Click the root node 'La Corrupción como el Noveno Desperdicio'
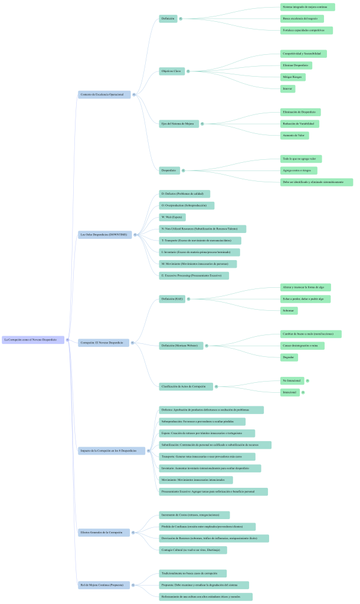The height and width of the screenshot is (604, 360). point(33,340)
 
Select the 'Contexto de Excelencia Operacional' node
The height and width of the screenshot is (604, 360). point(104,94)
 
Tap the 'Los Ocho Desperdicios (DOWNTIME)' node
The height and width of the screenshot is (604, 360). point(105,235)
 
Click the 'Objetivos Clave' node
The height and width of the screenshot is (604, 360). point(171,71)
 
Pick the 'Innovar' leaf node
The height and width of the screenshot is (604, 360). point(287,89)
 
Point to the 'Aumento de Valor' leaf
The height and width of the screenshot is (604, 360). point(294,135)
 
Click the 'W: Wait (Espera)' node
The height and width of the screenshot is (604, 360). point(173,217)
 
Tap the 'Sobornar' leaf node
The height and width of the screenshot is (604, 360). point(289,310)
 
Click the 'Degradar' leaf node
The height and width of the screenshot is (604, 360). point(289,357)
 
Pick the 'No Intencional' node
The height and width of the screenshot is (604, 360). point(292,380)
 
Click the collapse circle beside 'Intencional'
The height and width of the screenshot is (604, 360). point(303,392)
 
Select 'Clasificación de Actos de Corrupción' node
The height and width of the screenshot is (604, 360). point(186,386)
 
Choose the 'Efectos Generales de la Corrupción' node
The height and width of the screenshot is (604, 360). point(104,532)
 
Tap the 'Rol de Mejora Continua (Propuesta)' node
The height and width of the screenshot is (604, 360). point(103,585)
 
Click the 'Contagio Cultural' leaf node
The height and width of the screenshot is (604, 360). point(192,550)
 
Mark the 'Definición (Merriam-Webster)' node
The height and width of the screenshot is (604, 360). point(180,345)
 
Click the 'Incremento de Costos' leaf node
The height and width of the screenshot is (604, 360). point(194,515)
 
